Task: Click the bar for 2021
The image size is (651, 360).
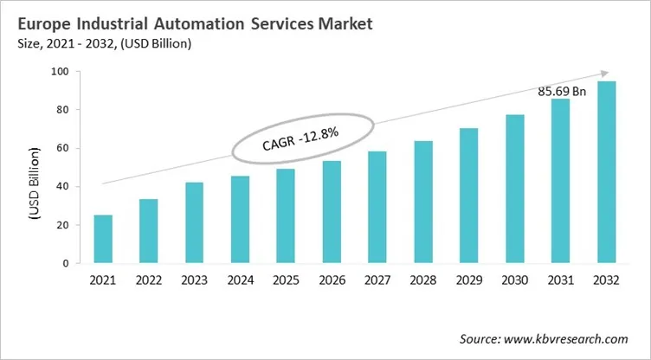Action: point(103,239)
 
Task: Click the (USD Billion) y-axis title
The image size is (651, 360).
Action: point(35,186)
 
